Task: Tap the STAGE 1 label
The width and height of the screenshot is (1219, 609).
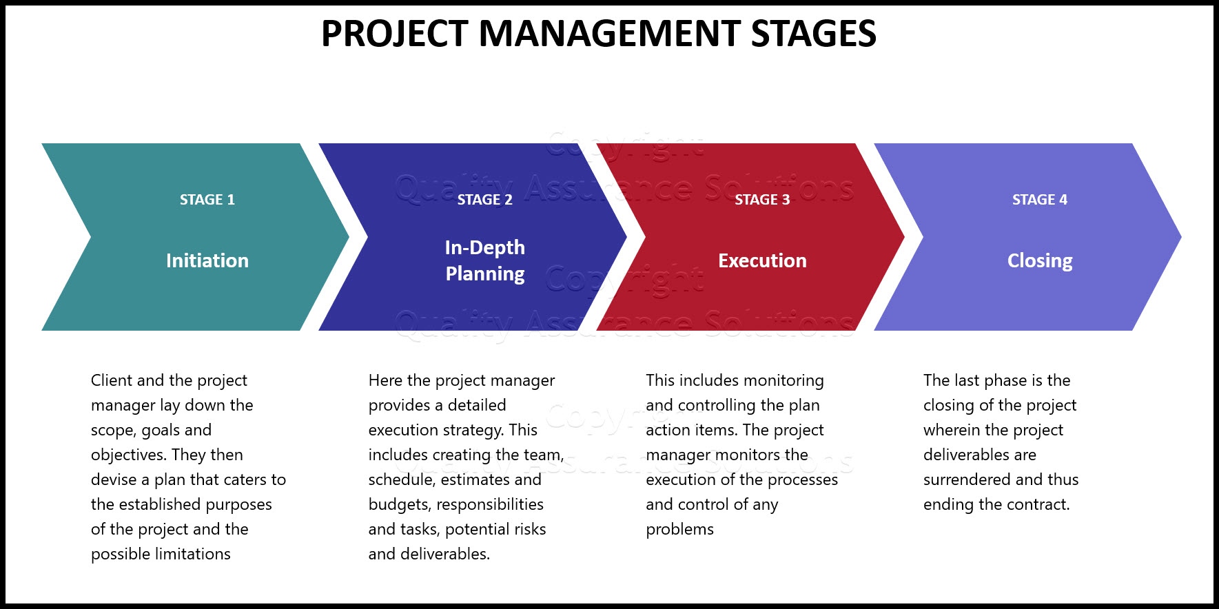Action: click(207, 200)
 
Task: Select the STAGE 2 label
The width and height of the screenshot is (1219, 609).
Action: click(484, 200)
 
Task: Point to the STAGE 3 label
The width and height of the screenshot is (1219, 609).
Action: click(762, 200)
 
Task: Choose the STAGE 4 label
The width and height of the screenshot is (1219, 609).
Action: click(1039, 200)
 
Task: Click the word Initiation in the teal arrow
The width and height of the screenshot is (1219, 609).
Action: click(207, 260)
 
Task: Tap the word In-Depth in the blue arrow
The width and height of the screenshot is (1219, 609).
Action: click(484, 247)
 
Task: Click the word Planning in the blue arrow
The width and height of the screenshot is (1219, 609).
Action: click(484, 274)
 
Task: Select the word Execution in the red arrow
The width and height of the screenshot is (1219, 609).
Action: click(762, 260)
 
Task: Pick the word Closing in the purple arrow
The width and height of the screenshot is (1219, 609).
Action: click(1039, 260)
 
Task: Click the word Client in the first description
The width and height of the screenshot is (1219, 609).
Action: click(112, 380)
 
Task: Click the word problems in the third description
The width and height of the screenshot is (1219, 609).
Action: click(679, 529)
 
